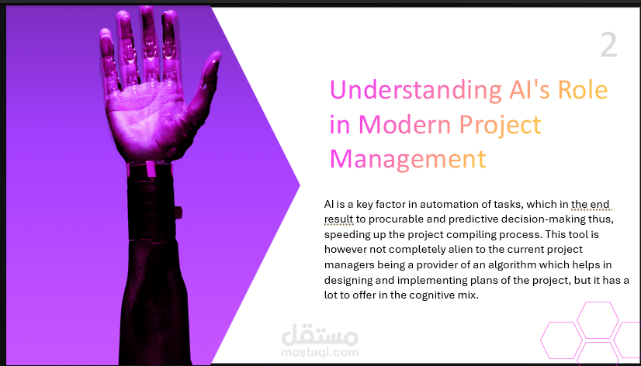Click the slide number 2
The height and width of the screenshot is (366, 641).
coord(608,46)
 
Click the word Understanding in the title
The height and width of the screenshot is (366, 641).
coord(416,91)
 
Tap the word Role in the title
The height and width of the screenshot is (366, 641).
coord(583,89)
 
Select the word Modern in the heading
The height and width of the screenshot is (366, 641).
coord(412,125)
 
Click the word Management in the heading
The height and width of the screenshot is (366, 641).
coord(408,160)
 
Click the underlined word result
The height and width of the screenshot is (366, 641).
coord(338,219)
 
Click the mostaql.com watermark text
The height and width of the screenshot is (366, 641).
coord(320,352)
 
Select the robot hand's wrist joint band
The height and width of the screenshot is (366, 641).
coord(149,168)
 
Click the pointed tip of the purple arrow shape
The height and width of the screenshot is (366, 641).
coord(300,185)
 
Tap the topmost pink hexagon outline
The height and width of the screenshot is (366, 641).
coord(598,302)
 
